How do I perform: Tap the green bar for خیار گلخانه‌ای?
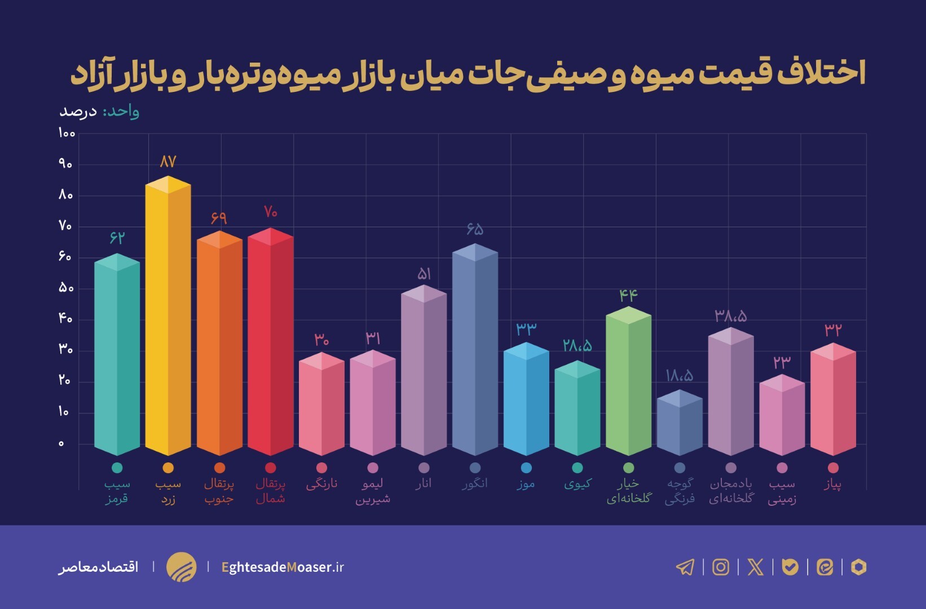pyautogui.click(x=628, y=383)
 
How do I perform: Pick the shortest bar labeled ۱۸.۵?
pyautogui.click(x=680, y=423)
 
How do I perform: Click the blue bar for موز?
pyautogui.click(x=526, y=400)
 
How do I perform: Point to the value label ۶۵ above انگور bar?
pyautogui.click(x=475, y=229)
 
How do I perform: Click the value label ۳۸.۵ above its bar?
pyautogui.click(x=731, y=316)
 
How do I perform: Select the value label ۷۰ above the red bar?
pyautogui.click(x=271, y=212)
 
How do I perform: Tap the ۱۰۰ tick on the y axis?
pyautogui.click(x=66, y=134)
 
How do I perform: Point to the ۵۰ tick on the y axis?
pyautogui.click(x=66, y=288)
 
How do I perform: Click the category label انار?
pyautogui.click(x=424, y=484)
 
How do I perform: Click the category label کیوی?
pyautogui.click(x=577, y=484)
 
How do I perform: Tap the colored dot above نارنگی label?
pyautogui.click(x=321, y=468)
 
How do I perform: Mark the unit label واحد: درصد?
pyautogui.click(x=99, y=111)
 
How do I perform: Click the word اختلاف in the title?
pyautogui.click(x=821, y=74)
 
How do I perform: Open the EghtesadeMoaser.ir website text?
pyautogui.click(x=283, y=567)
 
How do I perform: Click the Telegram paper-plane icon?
pyautogui.click(x=685, y=567)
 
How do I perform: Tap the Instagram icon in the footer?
pyautogui.click(x=721, y=567)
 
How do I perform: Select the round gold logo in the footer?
pyautogui.click(x=181, y=567)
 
